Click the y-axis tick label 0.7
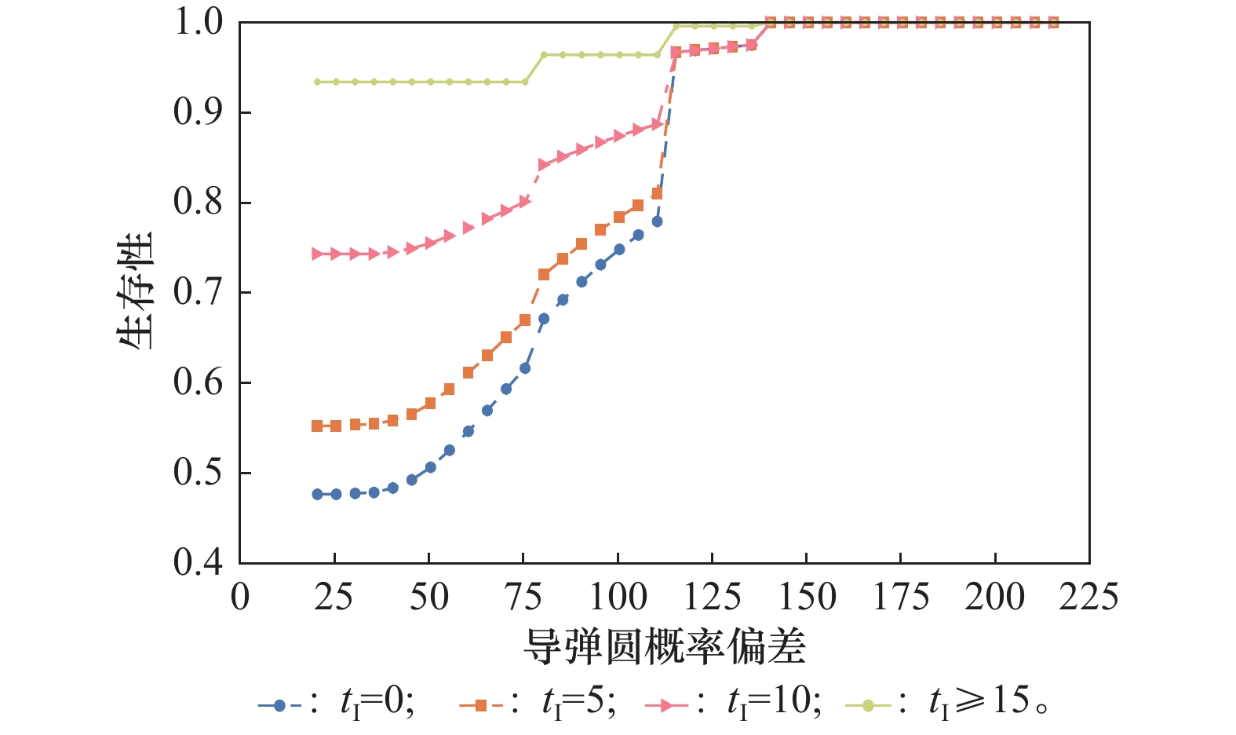click(x=198, y=293)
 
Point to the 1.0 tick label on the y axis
click(x=198, y=23)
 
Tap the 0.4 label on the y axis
click(x=198, y=563)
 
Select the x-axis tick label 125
click(x=712, y=598)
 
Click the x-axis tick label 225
click(x=1088, y=598)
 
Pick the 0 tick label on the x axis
click(x=240, y=598)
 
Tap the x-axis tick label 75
click(x=523, y=598)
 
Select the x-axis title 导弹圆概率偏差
click(x=664, y=647)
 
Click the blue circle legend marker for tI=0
click(x=279, y=705)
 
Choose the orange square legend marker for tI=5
click(x=481, y=705)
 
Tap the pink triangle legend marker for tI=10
click(x=666, y=705)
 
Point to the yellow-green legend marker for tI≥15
click(x=868, y=705)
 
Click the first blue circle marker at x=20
click(x=317, y=494)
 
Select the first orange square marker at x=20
click(x=317, y=426)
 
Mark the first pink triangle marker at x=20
click(x=317, y=254)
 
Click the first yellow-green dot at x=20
click(x=317, y=82)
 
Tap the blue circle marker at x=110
click(x=657, y=221)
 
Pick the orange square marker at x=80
click(x=544, y=275)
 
